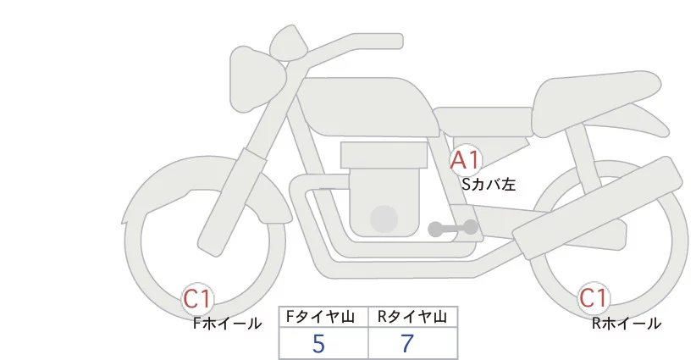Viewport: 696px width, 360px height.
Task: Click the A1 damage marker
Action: tap(465, 159)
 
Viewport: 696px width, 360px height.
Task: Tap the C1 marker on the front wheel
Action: tap(198, 298)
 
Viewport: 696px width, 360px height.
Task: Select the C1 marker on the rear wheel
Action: tap(593, 298)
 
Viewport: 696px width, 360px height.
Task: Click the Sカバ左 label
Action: tap(488, 181)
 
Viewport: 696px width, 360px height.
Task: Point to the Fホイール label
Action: tap(227, 323)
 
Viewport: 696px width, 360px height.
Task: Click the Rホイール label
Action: tap(626, 323)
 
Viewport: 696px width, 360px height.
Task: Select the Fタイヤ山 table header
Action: tap(323, 316)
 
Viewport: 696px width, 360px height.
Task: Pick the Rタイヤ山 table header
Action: tap(412, 316)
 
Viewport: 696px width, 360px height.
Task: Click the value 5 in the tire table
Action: tap(318, 344)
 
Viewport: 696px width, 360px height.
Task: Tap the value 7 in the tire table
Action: tap(408, 344)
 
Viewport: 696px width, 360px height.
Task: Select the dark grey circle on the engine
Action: tap(385, 219)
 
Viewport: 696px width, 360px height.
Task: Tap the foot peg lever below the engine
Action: tap(454, 228)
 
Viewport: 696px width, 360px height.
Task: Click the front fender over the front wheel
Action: tap(195, 182)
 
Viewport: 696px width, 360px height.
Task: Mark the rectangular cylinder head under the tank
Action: tap(384, 155)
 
